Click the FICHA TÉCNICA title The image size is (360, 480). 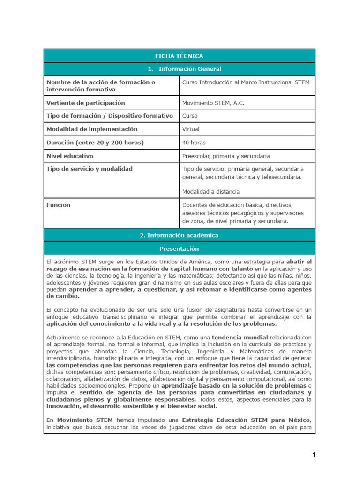pos(179,56)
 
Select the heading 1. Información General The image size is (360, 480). pos(179,69)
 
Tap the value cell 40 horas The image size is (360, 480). pos(194,142)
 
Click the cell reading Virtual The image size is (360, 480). pos(191,129)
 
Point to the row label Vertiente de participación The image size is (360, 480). pos(86,103)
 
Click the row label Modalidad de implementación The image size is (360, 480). pos(92,129)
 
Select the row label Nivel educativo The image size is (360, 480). pos(70,156)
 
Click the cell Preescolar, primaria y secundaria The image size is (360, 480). pos(226,156)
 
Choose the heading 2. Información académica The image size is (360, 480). pos(179,235)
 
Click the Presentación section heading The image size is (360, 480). pos(179,248)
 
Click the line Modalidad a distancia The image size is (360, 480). pos(211,191)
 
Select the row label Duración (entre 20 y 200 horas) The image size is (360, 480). pos(95,142)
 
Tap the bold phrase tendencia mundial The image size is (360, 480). pos(240,337)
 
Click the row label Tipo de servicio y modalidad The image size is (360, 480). pos(90,169)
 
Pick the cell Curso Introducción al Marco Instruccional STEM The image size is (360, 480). pos(246,82)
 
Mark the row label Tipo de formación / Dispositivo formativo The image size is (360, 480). pos(110,116)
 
